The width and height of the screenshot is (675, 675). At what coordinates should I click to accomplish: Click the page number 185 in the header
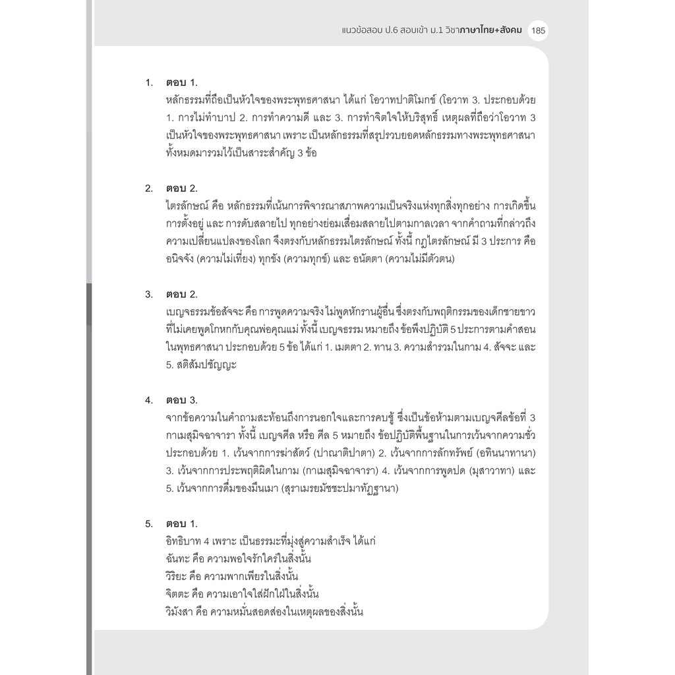coord(537,31)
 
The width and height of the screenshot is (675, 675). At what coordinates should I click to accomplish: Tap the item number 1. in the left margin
coord(150,83)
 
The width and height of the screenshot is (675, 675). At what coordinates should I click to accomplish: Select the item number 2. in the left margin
coord(150,189)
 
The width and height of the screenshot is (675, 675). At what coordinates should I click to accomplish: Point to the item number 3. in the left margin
coord(150,294)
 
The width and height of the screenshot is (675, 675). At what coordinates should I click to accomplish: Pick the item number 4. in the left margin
coord(150,400)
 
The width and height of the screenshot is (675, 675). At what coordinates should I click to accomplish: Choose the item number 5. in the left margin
coord(150,524)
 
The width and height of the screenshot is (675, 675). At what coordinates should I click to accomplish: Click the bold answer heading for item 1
coord(181,83)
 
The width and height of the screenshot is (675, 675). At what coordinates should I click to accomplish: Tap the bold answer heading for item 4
coord(181,400)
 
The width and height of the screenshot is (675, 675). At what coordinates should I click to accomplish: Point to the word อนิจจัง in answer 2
coord(182,259)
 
